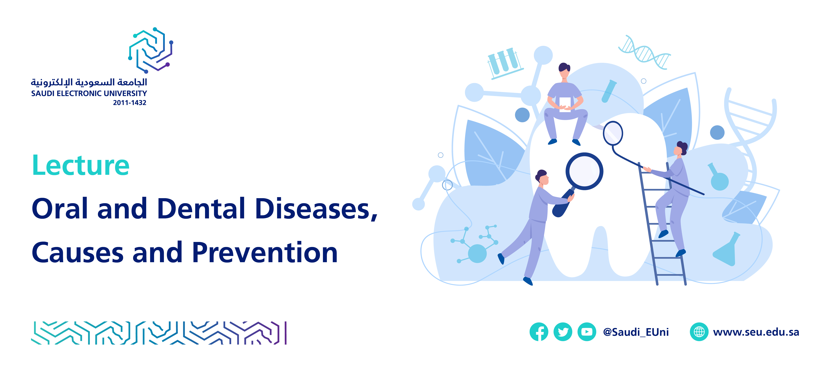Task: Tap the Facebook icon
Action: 539,332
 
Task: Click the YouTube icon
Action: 587,332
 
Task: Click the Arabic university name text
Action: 89,82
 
